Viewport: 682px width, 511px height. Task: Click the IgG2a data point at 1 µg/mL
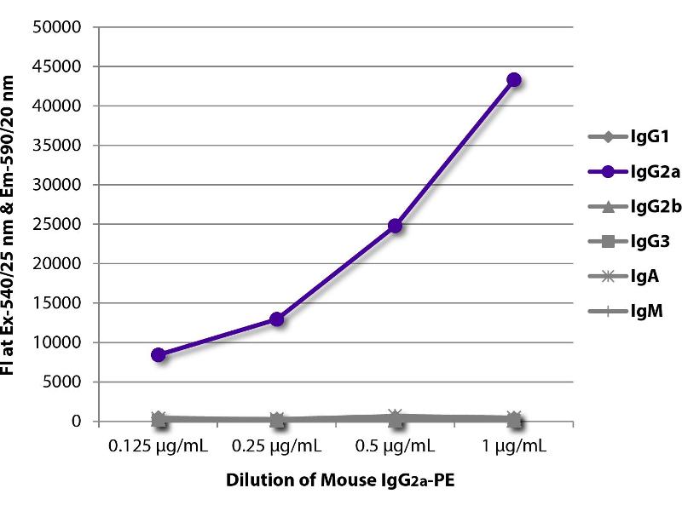(x=514, y=79)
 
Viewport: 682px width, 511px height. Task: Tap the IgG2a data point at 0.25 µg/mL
(x=277, y=319)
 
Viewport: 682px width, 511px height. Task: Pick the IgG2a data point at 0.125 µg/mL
(x=159, y=354)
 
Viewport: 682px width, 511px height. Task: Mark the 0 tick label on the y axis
(x=76, y=422)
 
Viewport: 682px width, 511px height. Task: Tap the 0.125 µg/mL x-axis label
(x=159, y=446)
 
